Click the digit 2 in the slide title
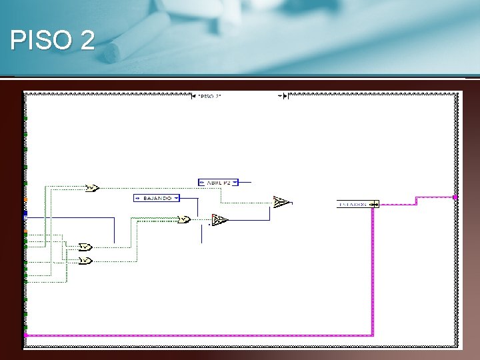coord(87,41)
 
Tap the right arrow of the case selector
coord(285,96)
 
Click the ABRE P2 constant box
coord(218,182)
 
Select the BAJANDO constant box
coord(156,198)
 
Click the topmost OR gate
coord(92,188)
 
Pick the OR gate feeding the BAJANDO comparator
coord(185,219)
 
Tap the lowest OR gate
coord(85,261)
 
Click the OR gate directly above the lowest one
coord(85,247)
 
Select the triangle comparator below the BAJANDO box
coord(219,220)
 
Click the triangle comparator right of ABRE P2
coord(281,201)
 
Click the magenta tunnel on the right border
coord(455,197)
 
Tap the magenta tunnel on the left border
coord(25,335)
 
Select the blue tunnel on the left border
coord(25,215)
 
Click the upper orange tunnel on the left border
coord(25,199)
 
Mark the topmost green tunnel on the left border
coord(25,119)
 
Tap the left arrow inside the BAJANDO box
coord(137,198)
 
